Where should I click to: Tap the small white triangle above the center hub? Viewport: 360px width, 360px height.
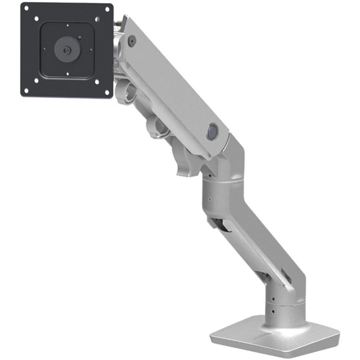[68, 26]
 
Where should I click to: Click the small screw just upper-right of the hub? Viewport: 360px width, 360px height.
[79, 39]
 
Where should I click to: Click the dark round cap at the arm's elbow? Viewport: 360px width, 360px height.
[212, 132]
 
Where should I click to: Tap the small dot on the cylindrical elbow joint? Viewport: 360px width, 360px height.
[208, 198]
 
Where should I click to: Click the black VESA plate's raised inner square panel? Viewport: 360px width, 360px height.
[67, 50]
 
